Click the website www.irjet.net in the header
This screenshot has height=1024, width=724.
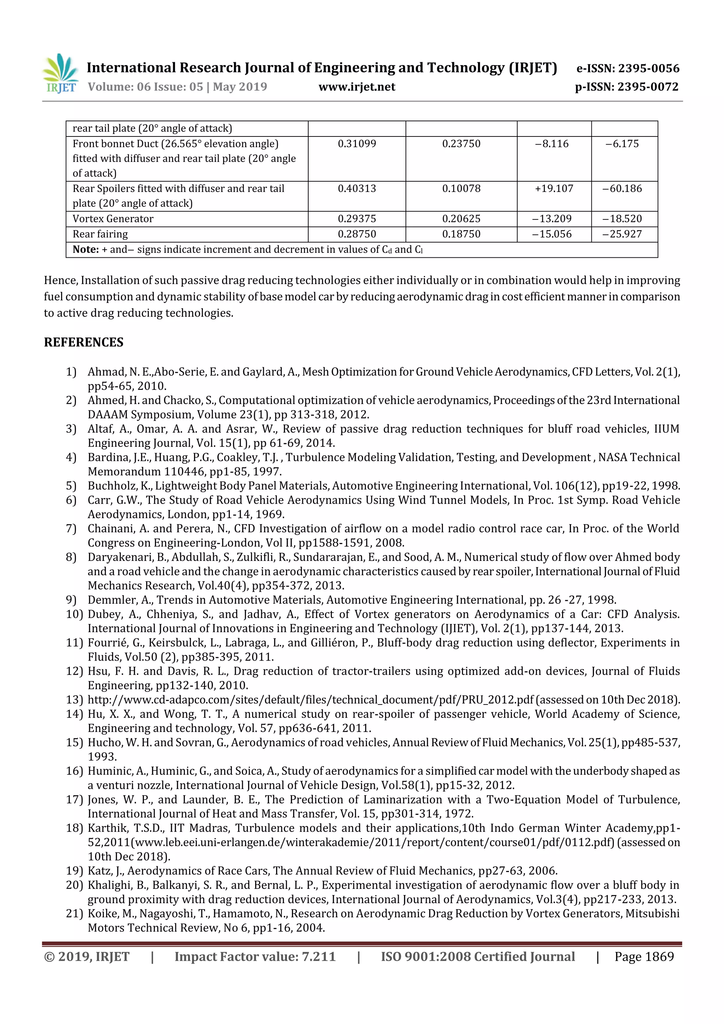point(356,87)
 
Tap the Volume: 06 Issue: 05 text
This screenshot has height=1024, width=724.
point(145,87)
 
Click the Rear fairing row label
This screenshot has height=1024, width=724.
point(100,234)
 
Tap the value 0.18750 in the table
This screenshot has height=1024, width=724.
point(461,234)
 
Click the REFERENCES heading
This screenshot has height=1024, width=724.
point(83,343)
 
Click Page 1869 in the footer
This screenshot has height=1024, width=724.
point(644,956)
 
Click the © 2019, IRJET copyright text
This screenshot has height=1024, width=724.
point(87,956)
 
